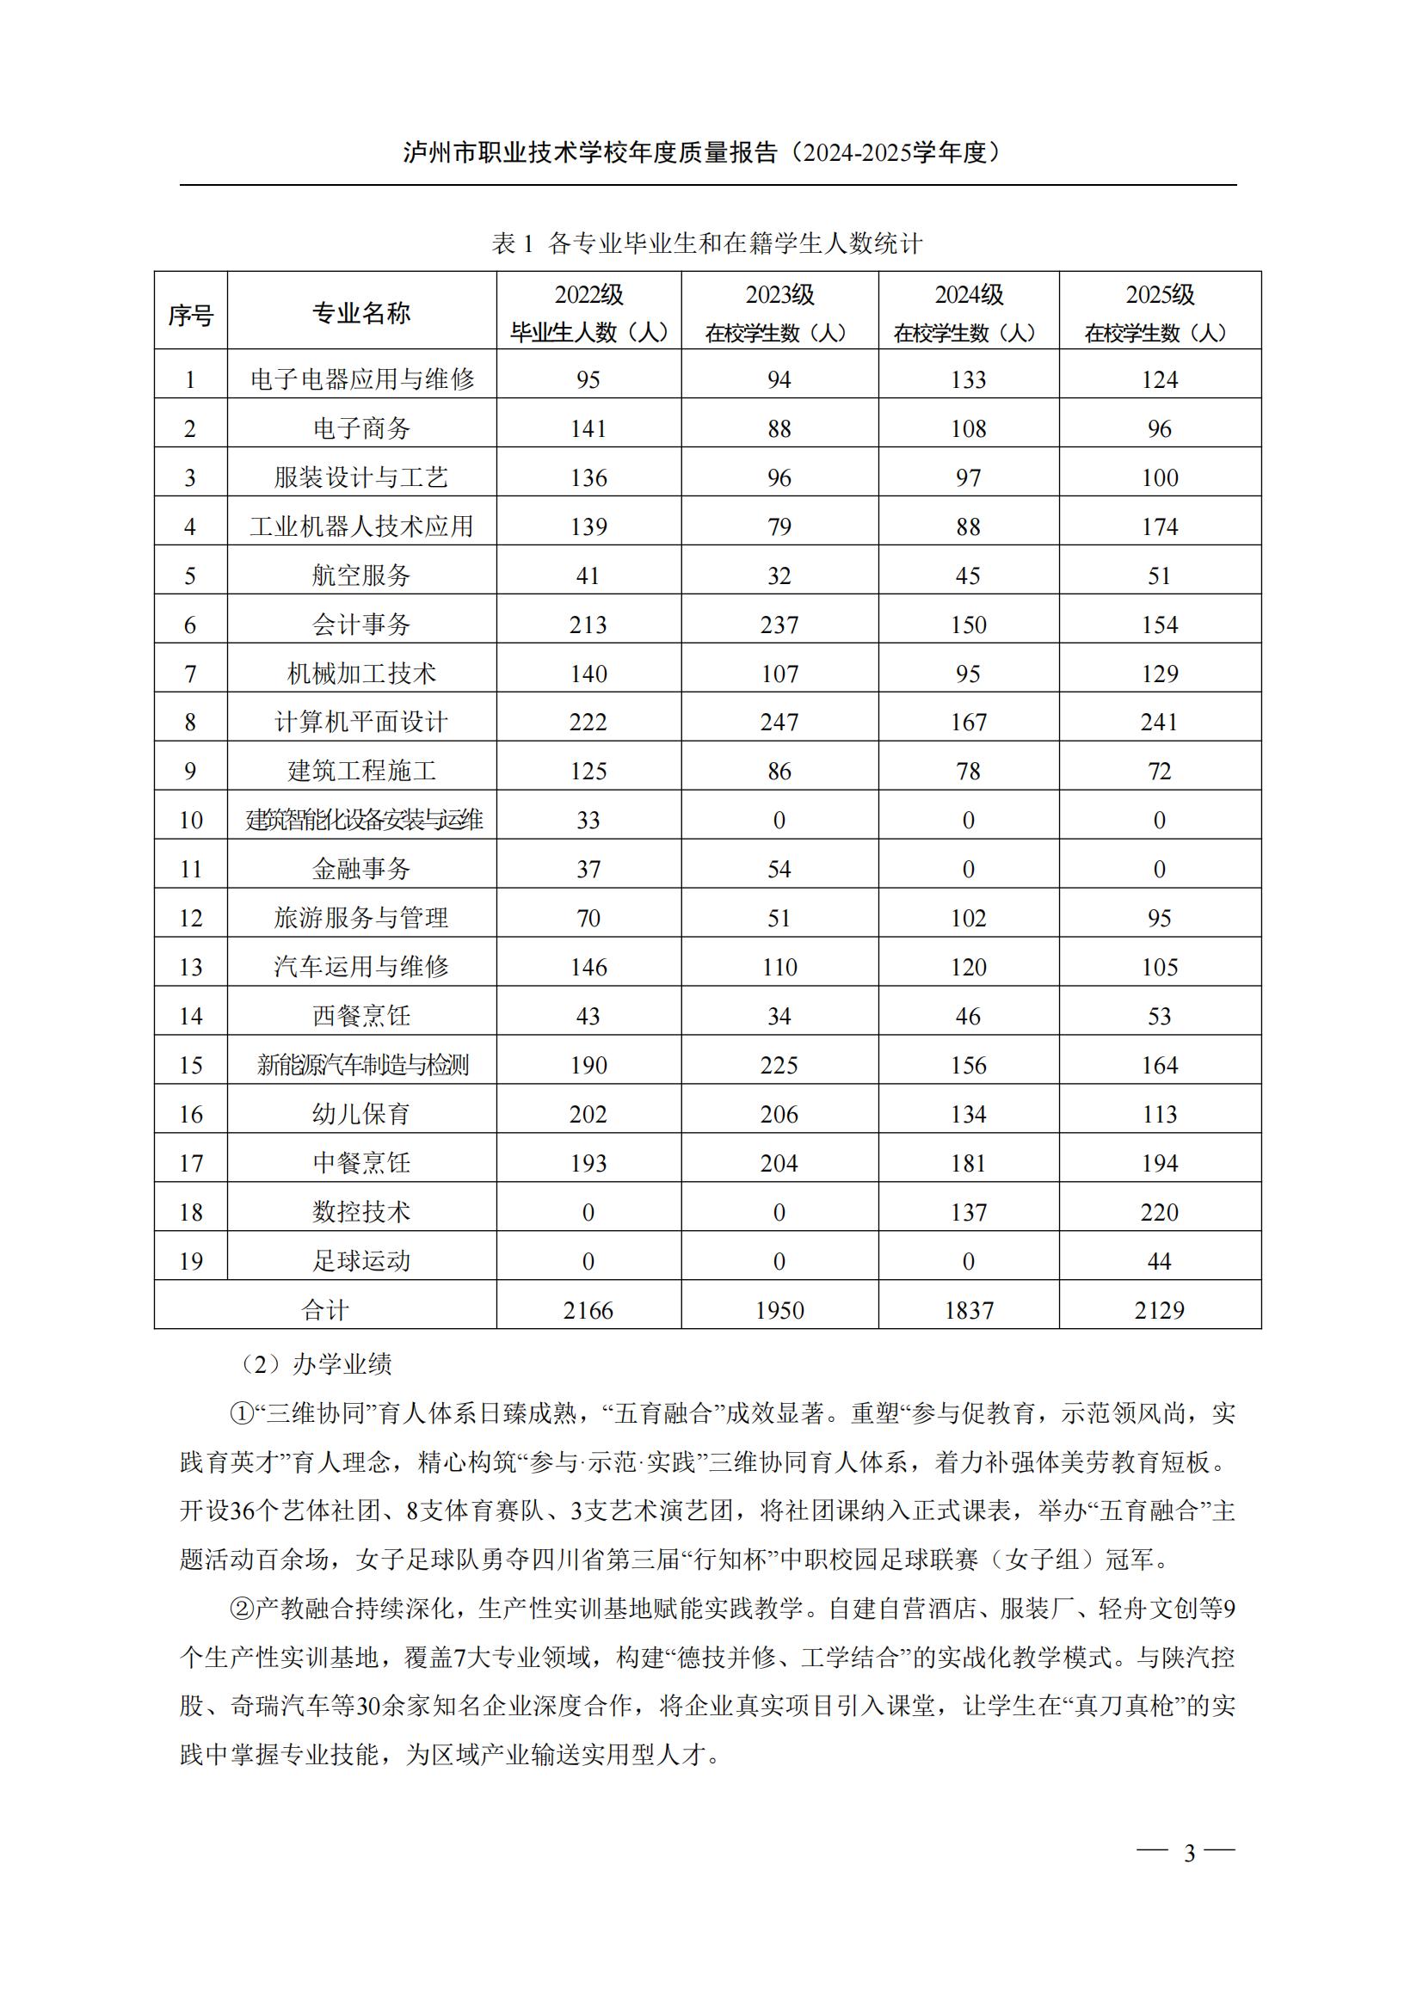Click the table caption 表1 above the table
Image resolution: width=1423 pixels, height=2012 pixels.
(x=707, y=243)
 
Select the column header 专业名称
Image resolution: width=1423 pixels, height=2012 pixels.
(x=361, y=313)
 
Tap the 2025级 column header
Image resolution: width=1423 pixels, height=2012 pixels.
(x=1159, y=312)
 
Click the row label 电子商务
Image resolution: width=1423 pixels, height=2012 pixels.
(x=361, y=428)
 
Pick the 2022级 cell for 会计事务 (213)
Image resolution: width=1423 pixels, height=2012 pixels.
(x=588, y=625)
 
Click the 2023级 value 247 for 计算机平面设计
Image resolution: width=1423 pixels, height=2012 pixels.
(x=779, y=722)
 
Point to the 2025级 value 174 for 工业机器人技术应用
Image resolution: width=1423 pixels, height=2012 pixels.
(x=1159, y=526)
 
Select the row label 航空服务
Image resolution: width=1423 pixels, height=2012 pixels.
(x=361, y=575)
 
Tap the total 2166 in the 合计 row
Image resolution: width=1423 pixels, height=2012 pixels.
(x=588, y=1310)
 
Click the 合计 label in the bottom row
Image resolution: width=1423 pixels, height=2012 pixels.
(x=325, y=1310)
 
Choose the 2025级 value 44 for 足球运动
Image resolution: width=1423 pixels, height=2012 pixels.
(x=1159, y=1261)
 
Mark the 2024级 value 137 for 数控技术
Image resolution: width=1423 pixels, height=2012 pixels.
(x=968, y=1212)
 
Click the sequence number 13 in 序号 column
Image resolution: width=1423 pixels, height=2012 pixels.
(x=190, y=968)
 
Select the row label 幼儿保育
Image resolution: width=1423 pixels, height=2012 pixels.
(x=361, y=1114)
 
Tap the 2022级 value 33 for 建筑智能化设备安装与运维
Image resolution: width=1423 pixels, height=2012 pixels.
(x=588, y=821)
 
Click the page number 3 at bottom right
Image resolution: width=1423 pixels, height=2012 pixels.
(x=1189, y=1853)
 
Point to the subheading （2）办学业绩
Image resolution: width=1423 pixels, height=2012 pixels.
(x=316, y=1364)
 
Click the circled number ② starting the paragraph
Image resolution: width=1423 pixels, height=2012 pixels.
(x=241, y=1608)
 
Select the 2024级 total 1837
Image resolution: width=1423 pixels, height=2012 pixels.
(x=968, y=1310)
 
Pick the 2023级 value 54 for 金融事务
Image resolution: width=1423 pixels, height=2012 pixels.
(x=779, y=870)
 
